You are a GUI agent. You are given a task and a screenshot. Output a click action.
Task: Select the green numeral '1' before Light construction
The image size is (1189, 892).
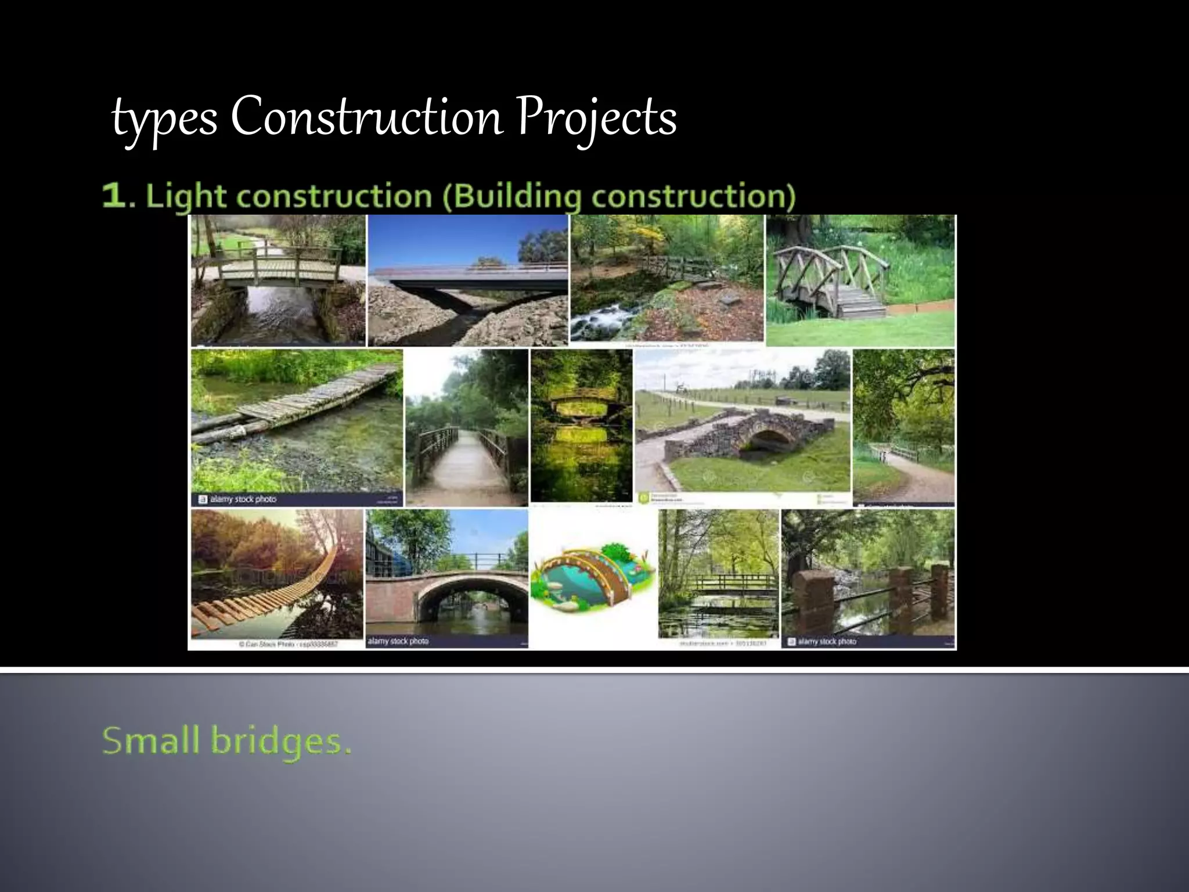pyautogui.click(x=113, y=196)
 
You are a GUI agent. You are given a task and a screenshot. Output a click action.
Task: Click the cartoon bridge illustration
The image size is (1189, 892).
pyautogui.click(x=593, y=578)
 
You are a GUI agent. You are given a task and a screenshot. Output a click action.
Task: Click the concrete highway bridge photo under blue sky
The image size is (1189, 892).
pyautogui.click(x=468, y=281)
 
